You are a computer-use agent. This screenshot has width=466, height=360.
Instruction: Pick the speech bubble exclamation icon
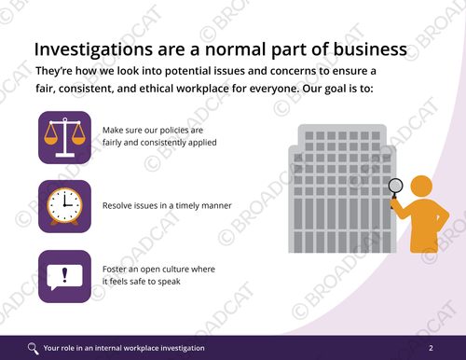pos(64,276)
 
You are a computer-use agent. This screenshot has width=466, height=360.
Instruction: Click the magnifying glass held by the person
pos(395,187)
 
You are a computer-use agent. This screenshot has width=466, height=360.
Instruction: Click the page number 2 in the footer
pos(431,348)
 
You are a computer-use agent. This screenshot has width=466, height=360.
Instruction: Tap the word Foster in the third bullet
pos(116,270)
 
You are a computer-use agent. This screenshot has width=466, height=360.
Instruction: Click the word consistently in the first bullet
pos(159,144)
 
